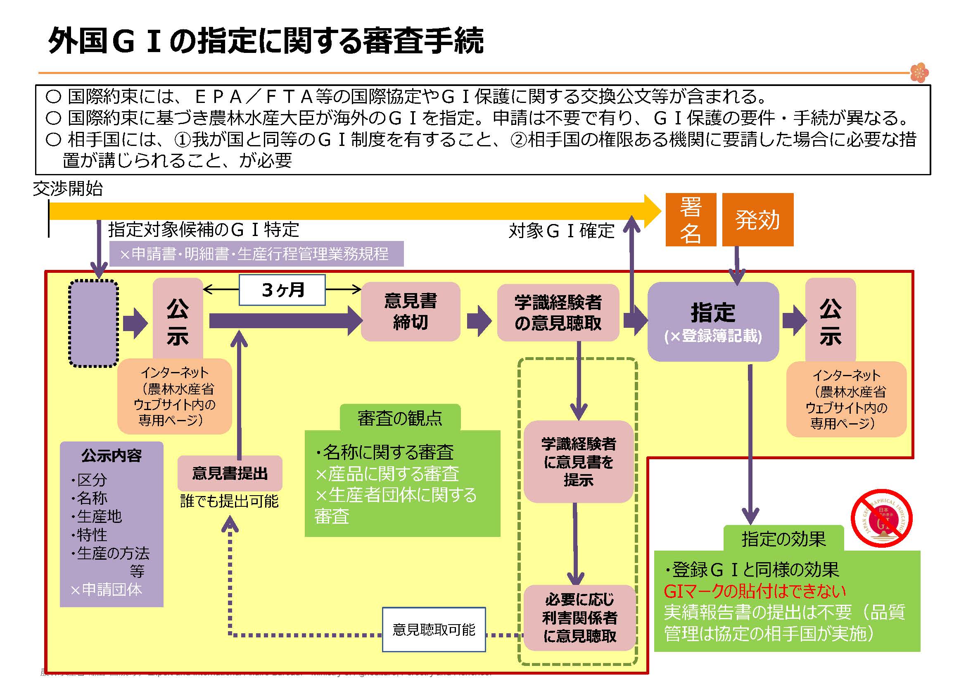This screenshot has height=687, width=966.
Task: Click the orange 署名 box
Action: click(x=691, y=219)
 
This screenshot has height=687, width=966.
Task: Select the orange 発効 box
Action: click(x=757, y=219)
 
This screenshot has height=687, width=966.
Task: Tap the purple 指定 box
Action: click(x=713, y=322)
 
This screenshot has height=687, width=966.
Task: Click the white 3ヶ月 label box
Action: click(x=282, y=290)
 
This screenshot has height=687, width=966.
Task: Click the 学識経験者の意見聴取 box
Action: click(x=558, y=312)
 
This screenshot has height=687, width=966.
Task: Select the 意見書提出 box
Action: click(x=230, y=473)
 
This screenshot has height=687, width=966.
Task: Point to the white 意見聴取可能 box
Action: click(x=434, y=630)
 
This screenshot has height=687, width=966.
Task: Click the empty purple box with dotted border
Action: click(x=93, y=324)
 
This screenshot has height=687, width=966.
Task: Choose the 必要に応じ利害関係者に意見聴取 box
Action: click(x=579, y=618)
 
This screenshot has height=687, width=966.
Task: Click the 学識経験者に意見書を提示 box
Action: click(x=579, y=462)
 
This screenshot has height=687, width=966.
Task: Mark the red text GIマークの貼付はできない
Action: click(x=755, y=591)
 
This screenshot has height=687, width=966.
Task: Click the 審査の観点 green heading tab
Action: click(x=400, y=418)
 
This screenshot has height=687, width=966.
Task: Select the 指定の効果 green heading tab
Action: click(x=783, y=539)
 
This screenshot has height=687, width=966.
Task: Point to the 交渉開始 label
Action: click(x=68, y=188)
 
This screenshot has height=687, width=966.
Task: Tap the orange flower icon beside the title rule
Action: click(x=919, y=73)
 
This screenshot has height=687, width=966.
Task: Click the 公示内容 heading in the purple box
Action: click(x=112, y=456)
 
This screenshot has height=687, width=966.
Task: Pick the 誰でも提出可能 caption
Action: click(x=230, y=501)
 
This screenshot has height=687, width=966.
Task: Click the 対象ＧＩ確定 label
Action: click(x=562, y=231)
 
